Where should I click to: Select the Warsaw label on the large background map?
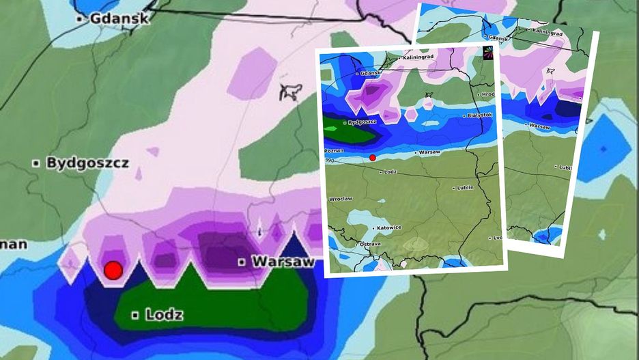click(282, 262)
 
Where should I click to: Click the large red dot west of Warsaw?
click(113, 271)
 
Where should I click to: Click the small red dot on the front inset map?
click(372, 158)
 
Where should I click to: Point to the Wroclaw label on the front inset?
click(340, 199)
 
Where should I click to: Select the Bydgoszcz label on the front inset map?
click(362, 123)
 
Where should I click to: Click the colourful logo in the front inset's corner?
click(488, 54)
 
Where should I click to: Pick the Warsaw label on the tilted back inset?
click(539, 126)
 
